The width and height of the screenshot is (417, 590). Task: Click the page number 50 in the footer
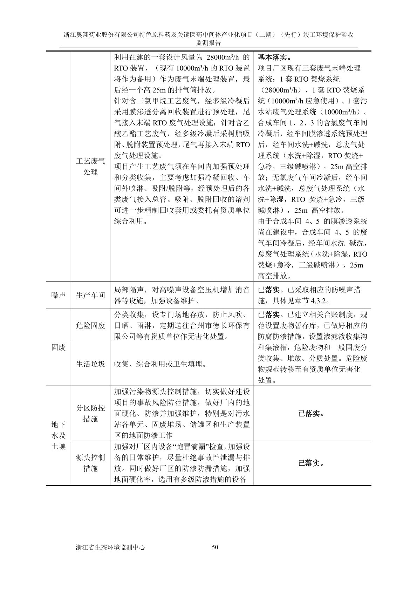(215, 547)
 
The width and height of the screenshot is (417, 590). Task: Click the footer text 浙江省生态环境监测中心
(110, 547)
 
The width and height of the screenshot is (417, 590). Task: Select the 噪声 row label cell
(59, 295)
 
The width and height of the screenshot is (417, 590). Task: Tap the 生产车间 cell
(90, 295)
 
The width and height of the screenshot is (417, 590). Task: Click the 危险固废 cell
(90, 325)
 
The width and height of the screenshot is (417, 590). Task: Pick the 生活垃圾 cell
(90, 364)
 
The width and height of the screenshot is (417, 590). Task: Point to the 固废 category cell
(59, 347)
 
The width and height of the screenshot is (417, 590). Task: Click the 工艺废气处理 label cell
(90, 167)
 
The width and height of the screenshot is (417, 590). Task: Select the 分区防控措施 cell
(90, 413)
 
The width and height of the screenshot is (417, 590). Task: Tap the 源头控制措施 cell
(90, 463)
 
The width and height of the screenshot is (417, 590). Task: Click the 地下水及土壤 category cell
(59, 435)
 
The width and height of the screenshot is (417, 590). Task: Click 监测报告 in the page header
(208, 43)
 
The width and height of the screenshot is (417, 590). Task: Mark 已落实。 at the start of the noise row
(271, 290)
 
